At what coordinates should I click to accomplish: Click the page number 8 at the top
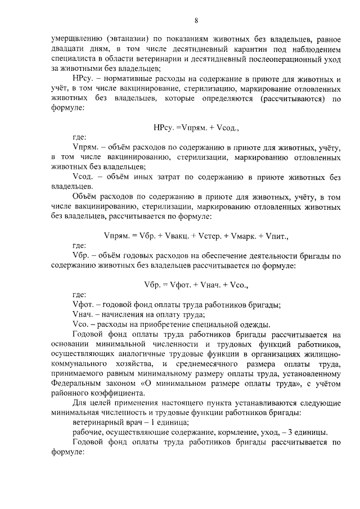[x=196, y=21]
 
